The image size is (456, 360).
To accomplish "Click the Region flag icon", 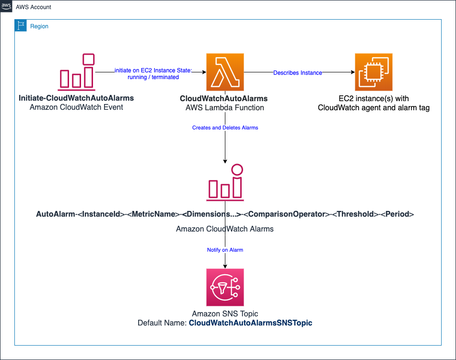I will (21, 26).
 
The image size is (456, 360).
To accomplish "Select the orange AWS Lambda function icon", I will (225, 72).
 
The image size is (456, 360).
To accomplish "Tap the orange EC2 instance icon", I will (374, 72).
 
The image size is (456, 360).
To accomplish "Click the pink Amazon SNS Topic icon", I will (225, 287).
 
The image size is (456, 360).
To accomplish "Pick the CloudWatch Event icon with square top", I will (76, 72).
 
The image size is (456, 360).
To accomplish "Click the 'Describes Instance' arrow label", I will (297, 73).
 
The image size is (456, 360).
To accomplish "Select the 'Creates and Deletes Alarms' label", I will (225, 128).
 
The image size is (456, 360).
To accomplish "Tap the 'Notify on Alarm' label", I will (225, 250).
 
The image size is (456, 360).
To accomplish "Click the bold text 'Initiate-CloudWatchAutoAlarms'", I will (76, 98).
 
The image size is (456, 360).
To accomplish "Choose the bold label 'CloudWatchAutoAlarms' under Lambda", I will (223, 98).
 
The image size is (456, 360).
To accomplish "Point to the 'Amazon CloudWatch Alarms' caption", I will (225, 229).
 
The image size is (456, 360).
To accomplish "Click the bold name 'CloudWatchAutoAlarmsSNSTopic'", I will (250, 323).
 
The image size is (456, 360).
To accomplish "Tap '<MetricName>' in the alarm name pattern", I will (153, 214).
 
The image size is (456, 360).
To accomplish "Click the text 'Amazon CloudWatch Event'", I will (76, 107).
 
